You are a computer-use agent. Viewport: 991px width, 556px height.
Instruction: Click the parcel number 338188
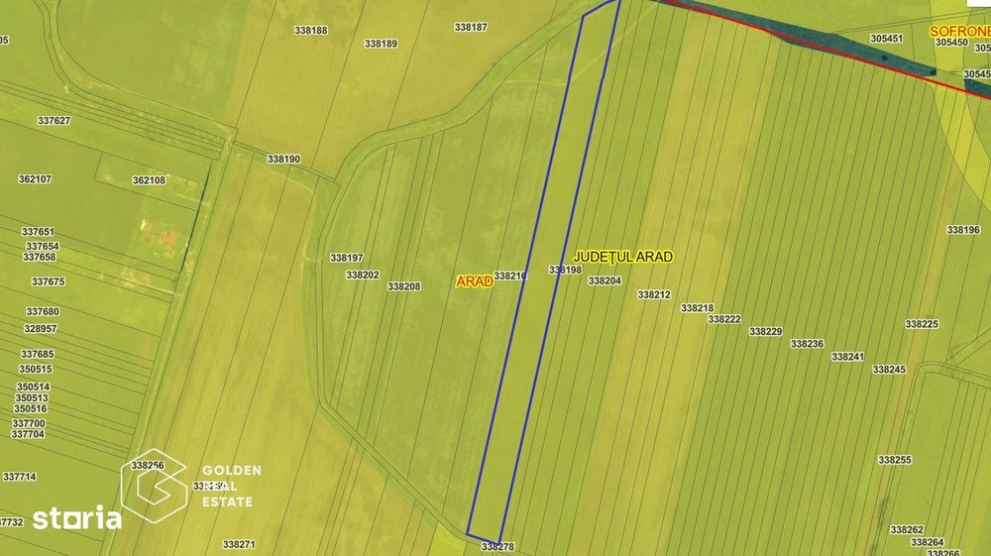(x=311, y=30)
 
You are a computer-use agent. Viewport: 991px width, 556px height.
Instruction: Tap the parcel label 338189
(x=381, y=44)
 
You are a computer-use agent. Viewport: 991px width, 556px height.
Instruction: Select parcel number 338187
(x=471, y=27)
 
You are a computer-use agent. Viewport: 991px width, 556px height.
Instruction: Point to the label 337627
(x=54, y=120)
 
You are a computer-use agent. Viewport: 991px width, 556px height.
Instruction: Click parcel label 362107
(x=35, y=179)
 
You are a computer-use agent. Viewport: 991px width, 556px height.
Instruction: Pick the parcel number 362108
(x=149, y=180)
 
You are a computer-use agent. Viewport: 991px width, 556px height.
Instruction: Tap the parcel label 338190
(x=283, y=159)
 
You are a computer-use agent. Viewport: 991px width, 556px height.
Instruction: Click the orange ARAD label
(x=475, y=281)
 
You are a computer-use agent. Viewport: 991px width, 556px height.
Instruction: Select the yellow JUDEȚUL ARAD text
(x=623, y=257)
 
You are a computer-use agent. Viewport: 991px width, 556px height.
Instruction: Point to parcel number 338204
(x=605, y=280)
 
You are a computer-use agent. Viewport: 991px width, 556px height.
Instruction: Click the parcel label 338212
(x=654, y=294)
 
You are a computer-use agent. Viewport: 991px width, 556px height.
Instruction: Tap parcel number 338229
(x=766, y=331)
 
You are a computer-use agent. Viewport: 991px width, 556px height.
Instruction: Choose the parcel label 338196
(x=963, y=229)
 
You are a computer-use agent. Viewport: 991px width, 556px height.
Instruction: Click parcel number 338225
(x=922, y=324)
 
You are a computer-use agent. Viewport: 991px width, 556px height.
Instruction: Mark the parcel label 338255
(x=895, y=460)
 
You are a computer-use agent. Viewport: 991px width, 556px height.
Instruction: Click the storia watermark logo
(x=77, y=517)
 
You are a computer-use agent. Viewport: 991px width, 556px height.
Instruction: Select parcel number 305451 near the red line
(x=886, y=39)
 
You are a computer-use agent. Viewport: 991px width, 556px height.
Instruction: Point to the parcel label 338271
(x=239, y=544)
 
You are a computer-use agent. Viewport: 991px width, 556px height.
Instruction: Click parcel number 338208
(x=404, y=286)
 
